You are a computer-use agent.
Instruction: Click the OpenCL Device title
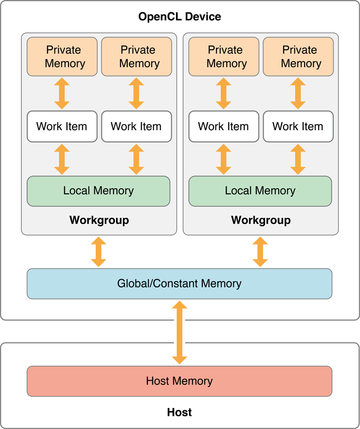click(179, 17)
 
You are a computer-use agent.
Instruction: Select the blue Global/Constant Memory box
click(179, 283)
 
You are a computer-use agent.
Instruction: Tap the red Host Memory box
click(179, 381)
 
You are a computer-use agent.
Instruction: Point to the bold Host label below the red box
click(179, 413)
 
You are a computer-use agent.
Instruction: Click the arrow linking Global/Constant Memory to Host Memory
click(179, 333)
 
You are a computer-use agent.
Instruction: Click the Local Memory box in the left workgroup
click(99, 191)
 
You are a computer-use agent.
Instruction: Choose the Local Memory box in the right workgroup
click(260, 191)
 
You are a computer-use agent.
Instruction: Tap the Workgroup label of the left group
click(99, 220)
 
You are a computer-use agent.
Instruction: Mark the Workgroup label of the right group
click(261, 220)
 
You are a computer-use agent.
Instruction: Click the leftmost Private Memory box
click(62, 56)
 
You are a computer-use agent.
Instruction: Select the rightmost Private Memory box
click(299, 56)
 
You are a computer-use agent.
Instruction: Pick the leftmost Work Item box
click(62, 126)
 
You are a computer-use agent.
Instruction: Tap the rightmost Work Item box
click(298, 126)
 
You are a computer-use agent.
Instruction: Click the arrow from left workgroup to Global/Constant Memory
click(99, 252)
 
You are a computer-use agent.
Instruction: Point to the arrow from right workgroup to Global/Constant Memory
click(260, 252)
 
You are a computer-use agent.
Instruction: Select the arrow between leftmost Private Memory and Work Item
click(62, 93)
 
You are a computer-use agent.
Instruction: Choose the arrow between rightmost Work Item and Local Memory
click(298, 159)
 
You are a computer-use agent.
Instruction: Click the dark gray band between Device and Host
click(268, 332)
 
